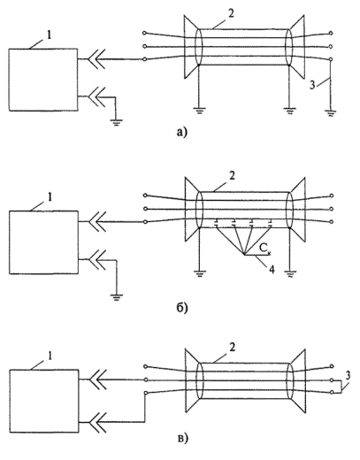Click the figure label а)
(x=181, y=133)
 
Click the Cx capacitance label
(x=265, y=249)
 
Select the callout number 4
(x=272, y=269)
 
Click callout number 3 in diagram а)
(x=312, y=85)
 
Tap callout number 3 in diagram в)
(x=348, y=376)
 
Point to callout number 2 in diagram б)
(x=232, y=176)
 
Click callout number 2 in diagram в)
(x=233, y=348)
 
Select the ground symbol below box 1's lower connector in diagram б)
(x=117, y=297)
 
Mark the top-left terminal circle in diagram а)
(x=144, y=33)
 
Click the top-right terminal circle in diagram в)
(x=332, y=366)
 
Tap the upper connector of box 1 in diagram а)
(x=96, y=59)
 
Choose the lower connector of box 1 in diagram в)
(x=97, y=422)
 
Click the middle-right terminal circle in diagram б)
(x=332, y=209)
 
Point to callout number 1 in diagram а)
(x=49, y=35)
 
